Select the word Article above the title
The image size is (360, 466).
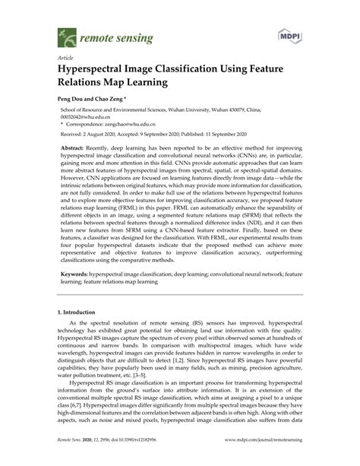(x=65, y=58)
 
